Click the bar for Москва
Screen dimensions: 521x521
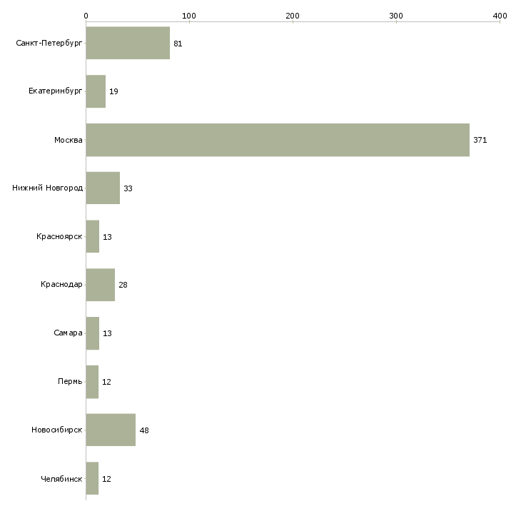click(x=278, y=140)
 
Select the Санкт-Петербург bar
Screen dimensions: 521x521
click(x=128, y=43)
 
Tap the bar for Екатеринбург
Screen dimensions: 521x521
click(x=96, y=91)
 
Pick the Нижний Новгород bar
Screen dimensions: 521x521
click(x=103, y=188)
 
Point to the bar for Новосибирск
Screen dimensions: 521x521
click(x=111, y=430)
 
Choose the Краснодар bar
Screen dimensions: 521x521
click(x=101, y=285)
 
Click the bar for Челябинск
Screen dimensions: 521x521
click(x=92, y=478)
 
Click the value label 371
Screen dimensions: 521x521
click(x=480, y=140)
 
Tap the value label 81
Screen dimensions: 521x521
click(x=178, y=44)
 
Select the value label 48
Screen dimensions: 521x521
click(x=144, y=430)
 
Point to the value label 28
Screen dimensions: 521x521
click(x=123, y=285)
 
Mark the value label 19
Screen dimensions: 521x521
click(x=113, y=91)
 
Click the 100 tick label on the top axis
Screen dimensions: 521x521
click(x=189, y=16)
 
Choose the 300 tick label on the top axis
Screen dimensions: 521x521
click(x=396, y=16)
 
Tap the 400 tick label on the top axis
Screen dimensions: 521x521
click(x=500, y=16)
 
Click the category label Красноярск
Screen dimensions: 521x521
click(x=59, y=236)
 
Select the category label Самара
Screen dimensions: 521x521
click(x=68, y=333)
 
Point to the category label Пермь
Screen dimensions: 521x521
click(x=70, y=381)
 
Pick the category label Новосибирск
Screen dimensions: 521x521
click(x=57, y=430)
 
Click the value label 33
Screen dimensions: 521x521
click(x=128, y=188)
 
